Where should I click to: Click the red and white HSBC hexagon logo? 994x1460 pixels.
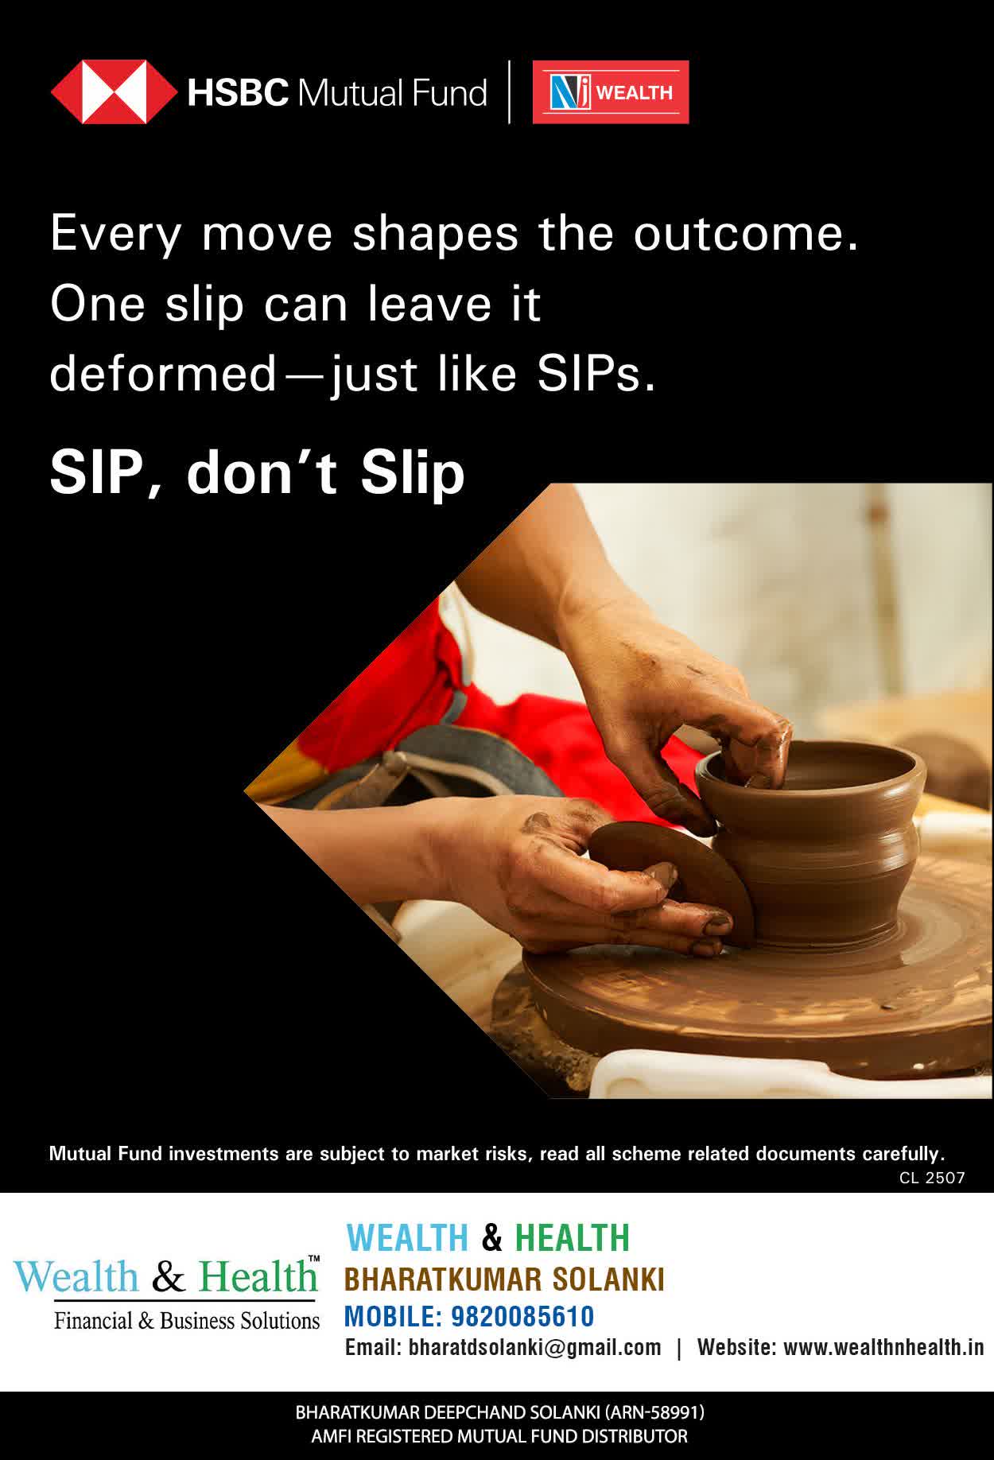114,92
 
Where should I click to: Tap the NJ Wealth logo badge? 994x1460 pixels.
610,92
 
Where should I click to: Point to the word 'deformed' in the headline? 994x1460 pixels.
163,374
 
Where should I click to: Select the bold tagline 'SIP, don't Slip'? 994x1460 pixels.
257,472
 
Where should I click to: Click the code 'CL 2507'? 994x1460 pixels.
932,1178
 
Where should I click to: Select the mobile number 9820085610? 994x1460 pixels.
522,1316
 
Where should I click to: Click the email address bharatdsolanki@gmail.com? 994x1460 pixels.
534,1347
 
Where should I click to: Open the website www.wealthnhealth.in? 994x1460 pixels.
883,1347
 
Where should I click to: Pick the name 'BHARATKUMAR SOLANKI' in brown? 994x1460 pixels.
504,1279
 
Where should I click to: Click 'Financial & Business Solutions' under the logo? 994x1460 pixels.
187,1321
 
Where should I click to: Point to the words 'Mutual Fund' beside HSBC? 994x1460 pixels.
392,93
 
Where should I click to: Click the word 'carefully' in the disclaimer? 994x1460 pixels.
901,1154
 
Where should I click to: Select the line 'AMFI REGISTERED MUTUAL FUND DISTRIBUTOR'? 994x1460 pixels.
499,1436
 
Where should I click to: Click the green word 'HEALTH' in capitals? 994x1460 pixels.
573,1238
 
